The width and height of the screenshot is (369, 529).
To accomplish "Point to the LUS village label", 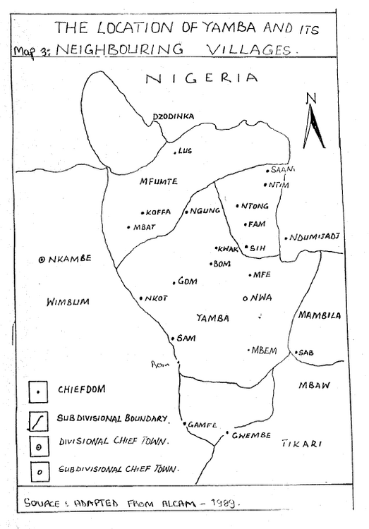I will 185,151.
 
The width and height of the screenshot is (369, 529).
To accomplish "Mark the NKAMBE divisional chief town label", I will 70,259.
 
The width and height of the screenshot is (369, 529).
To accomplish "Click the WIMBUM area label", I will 68,302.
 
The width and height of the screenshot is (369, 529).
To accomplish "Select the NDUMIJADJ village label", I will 310,237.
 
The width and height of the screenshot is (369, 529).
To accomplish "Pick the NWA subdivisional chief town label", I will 260,298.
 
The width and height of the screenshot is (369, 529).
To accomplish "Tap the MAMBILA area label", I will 320,315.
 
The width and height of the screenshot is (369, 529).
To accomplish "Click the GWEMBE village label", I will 250,436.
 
